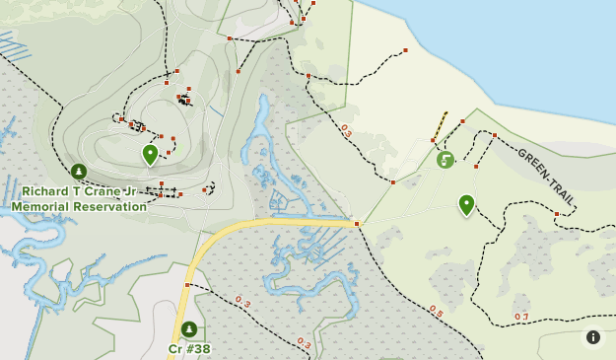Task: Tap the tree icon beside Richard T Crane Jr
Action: (79, 172)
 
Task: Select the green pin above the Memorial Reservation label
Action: (150, 154)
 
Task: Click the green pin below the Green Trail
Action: (466, 204)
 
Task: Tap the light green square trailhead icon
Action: (445, 159)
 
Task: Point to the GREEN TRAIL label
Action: (545, 178)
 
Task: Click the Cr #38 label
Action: (189, 348)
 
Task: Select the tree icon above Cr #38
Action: (188, 329)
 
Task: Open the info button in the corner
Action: (593, 337)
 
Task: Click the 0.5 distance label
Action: (436, 312)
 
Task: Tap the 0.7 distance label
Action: (521, 317)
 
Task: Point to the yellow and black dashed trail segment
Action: (439, 126)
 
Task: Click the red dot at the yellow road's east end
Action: (357, 225)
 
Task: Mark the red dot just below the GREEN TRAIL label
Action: (557, 214)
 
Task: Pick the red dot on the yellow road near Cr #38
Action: (187, 285)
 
